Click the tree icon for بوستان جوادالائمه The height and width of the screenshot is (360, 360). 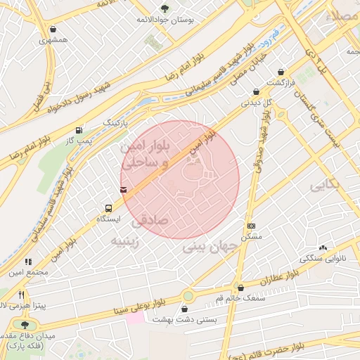pyautogui.click(x=165, y=8)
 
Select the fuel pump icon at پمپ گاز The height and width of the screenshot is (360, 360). pyautogui.click(x=78, y=130)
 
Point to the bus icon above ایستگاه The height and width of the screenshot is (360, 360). pyautogui.click(x=108, y=208)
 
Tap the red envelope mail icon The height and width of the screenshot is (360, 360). pyautogui.click(x=124, y=189)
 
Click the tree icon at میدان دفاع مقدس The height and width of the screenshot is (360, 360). pyautogui.click(x=25, y=325)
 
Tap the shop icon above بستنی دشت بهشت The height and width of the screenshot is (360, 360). pyautogui.click(x=185, y=309)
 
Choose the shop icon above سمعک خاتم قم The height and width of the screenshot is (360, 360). pyautogui.click(x=240, y=288)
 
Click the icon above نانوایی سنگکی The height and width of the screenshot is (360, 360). pyautogui.click(x=323, y=247)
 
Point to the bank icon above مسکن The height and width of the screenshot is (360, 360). pyautogui.click(x=252, y=226)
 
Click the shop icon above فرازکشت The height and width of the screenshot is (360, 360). pyautogui.click(x=281, y=72)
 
